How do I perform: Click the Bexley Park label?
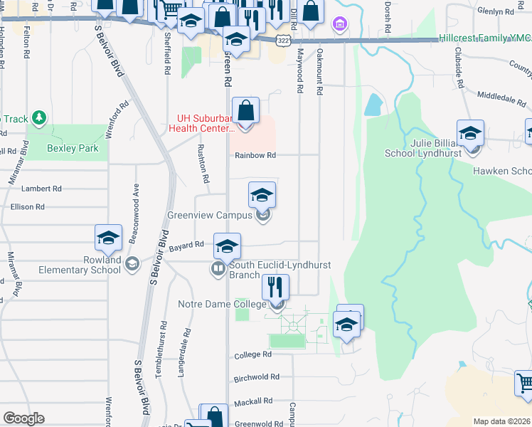pos(73,149)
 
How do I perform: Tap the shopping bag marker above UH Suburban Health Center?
pos(245,110)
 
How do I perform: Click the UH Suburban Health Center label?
pos(206,123)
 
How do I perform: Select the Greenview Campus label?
pos(211,215)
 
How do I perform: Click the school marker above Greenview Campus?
pos(262,195)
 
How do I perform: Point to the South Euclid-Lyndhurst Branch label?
pos(280,270)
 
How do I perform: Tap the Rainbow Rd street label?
pos(255,154)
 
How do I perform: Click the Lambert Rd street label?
pos(41,189)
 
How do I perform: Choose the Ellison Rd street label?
pos(28,206)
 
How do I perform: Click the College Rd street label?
pos(253,354)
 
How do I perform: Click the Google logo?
pos(23,418)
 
